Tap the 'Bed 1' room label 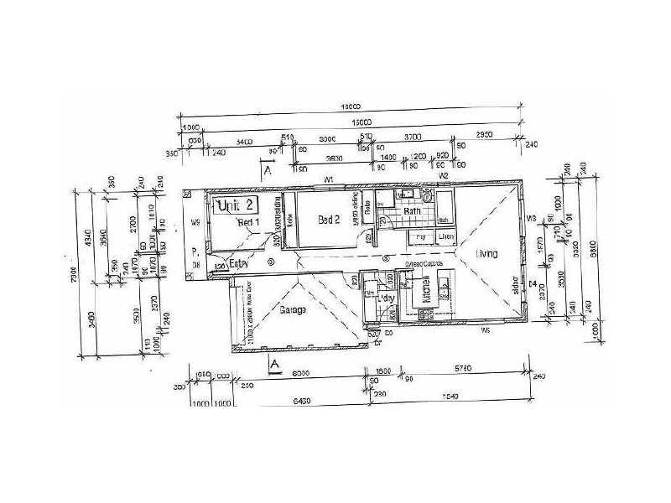coord(249,222)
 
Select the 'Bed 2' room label coord(329,220)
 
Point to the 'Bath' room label coord(412,212)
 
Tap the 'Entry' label coord(239,263)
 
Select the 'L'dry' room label coord(387,298)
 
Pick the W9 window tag coord(195,223)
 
